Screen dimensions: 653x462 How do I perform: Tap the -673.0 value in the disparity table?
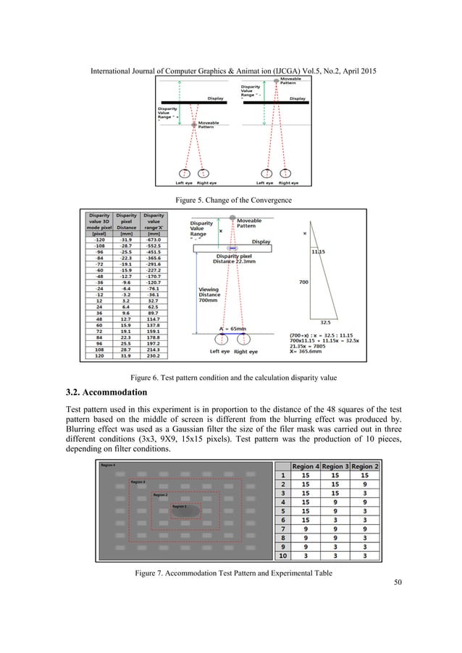(x=153, y=237)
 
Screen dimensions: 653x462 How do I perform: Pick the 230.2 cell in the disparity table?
(x=153, y=357)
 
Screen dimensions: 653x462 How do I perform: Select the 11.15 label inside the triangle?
(x=318, y=251)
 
